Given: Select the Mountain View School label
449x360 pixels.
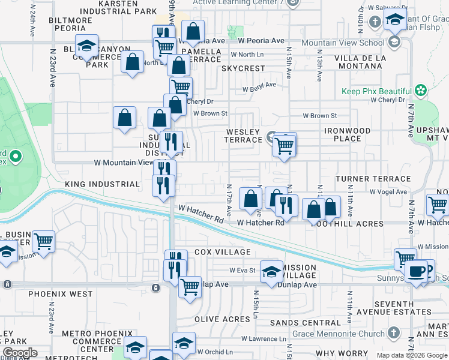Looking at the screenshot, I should (x=343, y=43).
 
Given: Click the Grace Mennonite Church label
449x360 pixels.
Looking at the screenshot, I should (x=339, y=334).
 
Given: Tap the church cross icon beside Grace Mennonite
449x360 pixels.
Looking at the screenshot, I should (x=393, y=332).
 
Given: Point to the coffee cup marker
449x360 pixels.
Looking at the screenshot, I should (x=416, y=271).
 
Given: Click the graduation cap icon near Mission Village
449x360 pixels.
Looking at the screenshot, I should (x=271, y=271).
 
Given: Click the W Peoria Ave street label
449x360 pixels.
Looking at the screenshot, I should (x=261, y=41).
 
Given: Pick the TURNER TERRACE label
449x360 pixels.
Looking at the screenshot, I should (x=373, y=179).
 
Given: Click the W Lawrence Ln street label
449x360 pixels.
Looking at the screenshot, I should (x=262, y=338).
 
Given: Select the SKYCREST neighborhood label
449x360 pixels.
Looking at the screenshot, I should (x=243, y=68).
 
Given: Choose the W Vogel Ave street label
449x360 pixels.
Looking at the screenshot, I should (x=388, y=192).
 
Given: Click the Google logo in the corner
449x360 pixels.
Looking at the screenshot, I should (x=19, y=353).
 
